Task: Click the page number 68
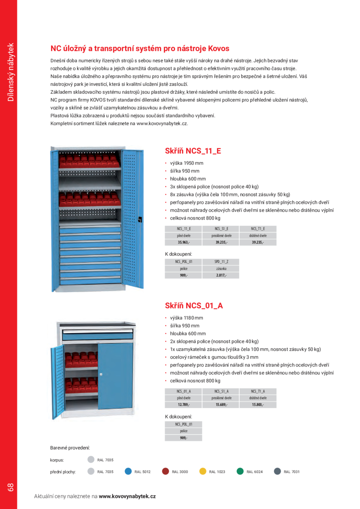(10, 487)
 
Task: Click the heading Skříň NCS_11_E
(193, 151)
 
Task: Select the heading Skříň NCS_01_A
(194, 306)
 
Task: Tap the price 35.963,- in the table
(183, 242)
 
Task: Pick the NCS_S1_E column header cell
(221, 229)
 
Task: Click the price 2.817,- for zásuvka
(221, 275)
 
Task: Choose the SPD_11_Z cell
(221, 262)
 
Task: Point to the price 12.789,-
(183, 405)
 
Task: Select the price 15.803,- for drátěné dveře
(258, 405)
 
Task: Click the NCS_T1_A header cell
(258, 391)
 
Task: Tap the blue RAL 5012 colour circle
(129, 471)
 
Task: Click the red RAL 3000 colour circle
(165, 471)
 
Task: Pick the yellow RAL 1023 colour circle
(203, 471)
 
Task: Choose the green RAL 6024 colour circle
(240, 471)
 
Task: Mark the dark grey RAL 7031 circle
(277, 471)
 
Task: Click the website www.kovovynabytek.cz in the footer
(127, 496)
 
